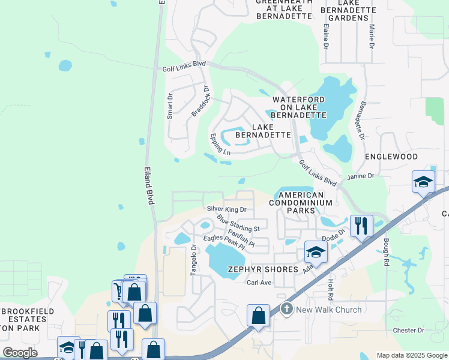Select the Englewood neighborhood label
coord(391,157)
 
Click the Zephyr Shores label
coord(263,269)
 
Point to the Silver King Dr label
coord(227,209)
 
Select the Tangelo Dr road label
coord(194,260)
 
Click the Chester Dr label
coord(408,330)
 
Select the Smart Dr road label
coord(170,106)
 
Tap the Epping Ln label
coord(220,145)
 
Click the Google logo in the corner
coord(20,353)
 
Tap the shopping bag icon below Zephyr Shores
coord(258,316)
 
